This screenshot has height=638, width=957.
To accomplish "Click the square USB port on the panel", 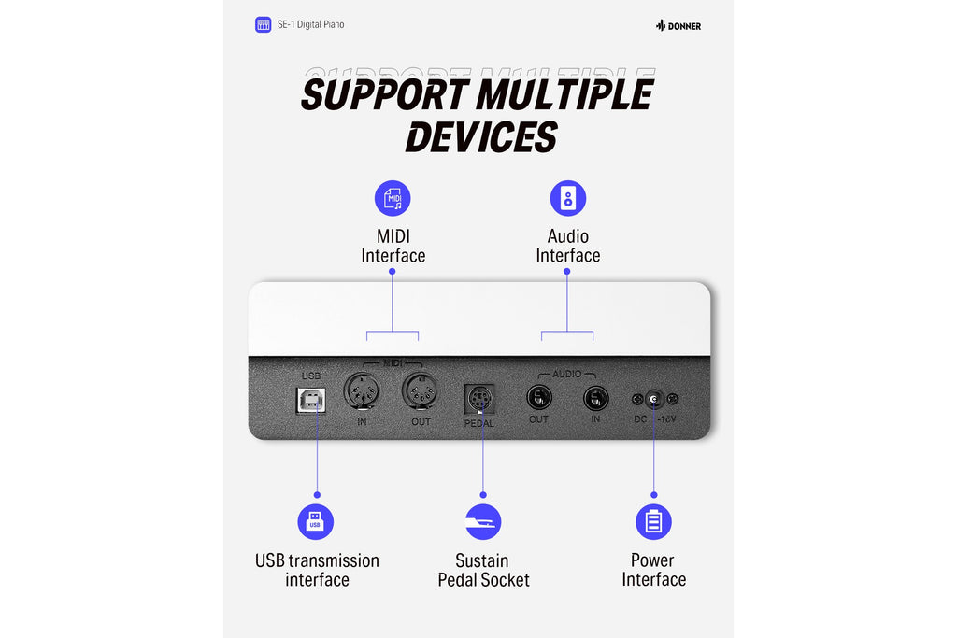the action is click(310, 401).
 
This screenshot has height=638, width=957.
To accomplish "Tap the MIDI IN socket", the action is click(362, 391).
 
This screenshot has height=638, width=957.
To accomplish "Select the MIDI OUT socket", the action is click(420, 391).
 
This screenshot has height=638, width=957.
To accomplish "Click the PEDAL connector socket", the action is click(479, 400).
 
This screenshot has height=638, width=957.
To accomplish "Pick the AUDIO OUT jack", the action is click(539, 398).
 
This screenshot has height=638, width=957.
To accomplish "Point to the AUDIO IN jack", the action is click(595, 399).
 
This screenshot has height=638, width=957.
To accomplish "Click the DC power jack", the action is click(654, 399).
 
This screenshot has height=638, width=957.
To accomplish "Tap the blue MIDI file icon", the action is click(393, 198).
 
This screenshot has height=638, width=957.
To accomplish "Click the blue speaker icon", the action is click(568, 198).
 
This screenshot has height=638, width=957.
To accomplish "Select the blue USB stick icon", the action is click(316, 522).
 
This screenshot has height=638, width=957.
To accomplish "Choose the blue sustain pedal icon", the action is click(483, 522).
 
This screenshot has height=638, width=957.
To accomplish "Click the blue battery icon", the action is click(653, 522).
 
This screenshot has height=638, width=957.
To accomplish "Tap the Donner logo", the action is click(678, 25).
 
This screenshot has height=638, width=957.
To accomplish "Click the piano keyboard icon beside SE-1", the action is click(263, 25).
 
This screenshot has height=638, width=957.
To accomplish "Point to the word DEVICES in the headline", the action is click(481, 137).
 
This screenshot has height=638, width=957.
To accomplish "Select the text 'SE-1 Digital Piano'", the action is click(310, 24).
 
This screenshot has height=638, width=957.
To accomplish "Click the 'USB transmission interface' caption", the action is click(318, 570).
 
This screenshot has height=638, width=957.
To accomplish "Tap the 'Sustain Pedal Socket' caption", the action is click(483, 570).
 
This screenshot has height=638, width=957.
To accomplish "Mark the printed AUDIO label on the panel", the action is click(566, 374).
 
